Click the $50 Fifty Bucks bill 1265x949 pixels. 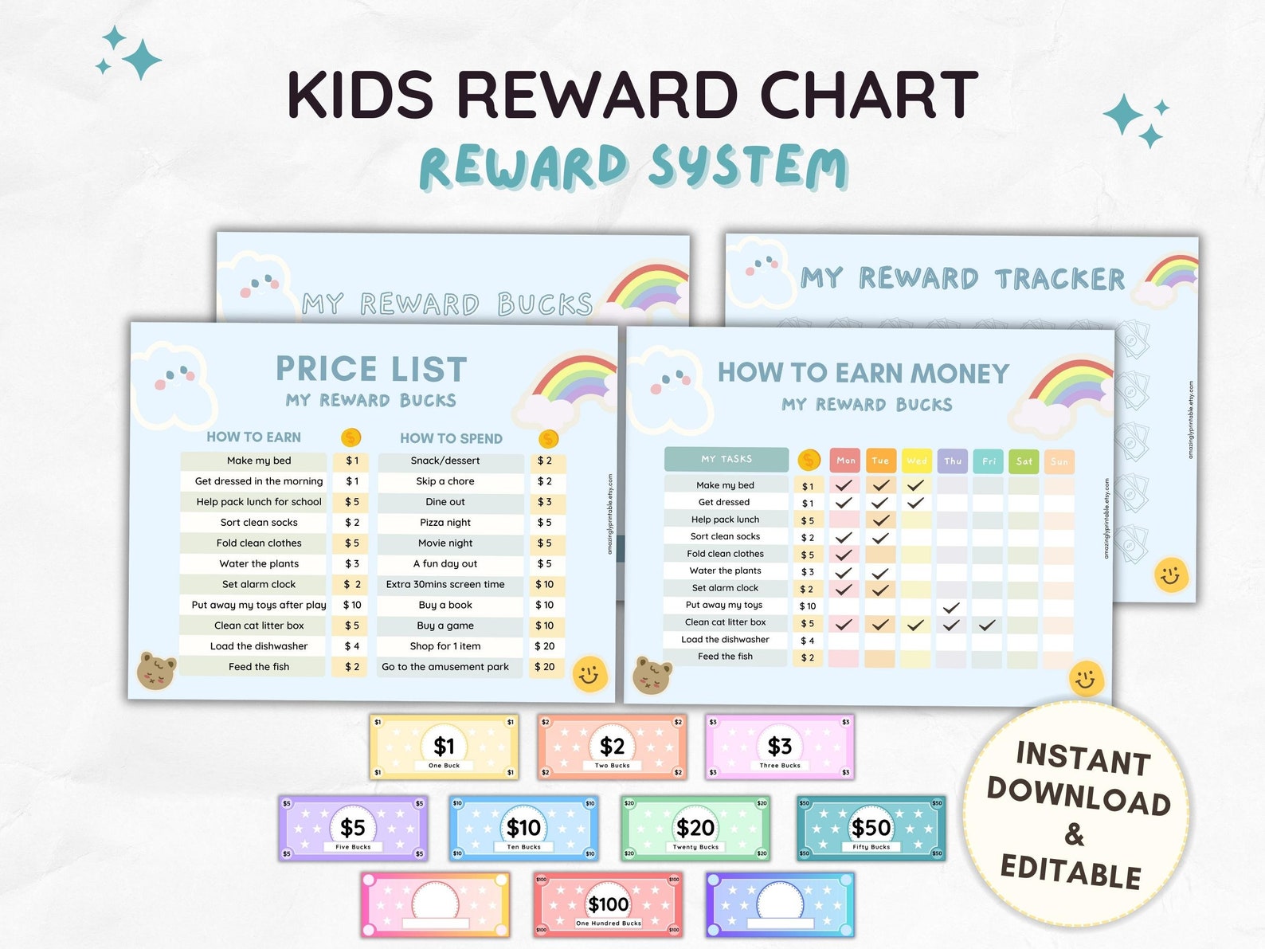(871, 828)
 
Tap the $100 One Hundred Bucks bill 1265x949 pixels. (609, 904)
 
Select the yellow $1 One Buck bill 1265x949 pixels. (444, 747)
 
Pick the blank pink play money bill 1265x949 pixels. (434, 904)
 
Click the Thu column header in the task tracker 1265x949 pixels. (953, 461)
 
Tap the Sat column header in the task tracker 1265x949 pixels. (1024, 461)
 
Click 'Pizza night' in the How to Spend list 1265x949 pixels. (445, 523)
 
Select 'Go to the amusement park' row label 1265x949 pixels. (445, 667)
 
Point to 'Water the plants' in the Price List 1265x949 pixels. (259, 563)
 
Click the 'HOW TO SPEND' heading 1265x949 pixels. (451, 438)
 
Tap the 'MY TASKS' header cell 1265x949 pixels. (726, 459)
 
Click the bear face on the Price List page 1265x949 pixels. (156, 670)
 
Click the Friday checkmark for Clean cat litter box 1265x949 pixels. (987, 625)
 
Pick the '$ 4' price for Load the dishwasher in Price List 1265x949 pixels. (351, 646)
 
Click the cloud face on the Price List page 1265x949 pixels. (175, 379)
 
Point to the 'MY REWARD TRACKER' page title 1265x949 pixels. (962, 279)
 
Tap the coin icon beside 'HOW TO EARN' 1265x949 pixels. (351, 437)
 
